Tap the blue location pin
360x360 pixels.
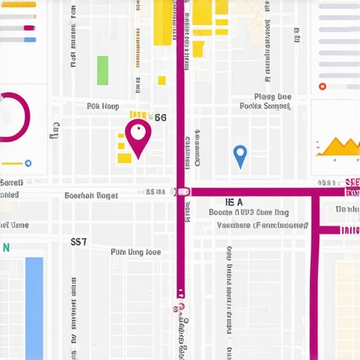point(240,154)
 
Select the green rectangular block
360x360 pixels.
point(103,70)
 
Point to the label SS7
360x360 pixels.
point(79,241)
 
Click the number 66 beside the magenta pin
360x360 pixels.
point(160,118)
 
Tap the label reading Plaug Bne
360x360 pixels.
point(272,97)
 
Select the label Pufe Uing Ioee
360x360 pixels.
point(136,252)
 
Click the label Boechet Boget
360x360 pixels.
point(91,196)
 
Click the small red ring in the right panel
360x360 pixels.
point(322,86)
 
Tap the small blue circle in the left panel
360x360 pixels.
point(28,163)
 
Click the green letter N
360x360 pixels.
point(6,247)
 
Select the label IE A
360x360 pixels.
point(233,202)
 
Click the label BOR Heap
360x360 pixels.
point(102,107)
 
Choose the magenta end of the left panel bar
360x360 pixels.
point(29,28)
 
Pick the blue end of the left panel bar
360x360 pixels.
point(30,40)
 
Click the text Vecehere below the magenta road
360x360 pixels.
point(233,226)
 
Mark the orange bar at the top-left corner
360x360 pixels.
point(18,4)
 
